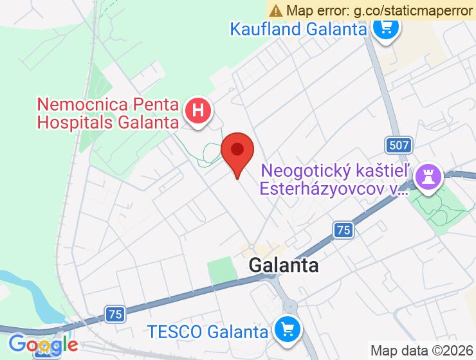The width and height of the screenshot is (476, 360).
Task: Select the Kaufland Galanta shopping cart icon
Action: [x=386, y=28]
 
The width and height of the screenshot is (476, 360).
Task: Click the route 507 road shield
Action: [x=399, y=145]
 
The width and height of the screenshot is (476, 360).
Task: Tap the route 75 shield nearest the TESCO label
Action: [x=115, y=314]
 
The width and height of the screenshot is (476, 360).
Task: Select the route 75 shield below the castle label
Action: [x=344, y=230]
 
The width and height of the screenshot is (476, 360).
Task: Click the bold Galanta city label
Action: [x=284, y=265]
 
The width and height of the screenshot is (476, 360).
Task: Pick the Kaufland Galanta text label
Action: [x=298, y=29]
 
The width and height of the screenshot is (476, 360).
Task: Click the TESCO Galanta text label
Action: [x=207, y=332]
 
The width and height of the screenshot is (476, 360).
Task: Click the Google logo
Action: [x=43, y=345]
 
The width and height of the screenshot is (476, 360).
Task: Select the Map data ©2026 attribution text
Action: [x=421, y=351]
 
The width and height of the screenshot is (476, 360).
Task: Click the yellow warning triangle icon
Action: [x=276, y=10]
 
